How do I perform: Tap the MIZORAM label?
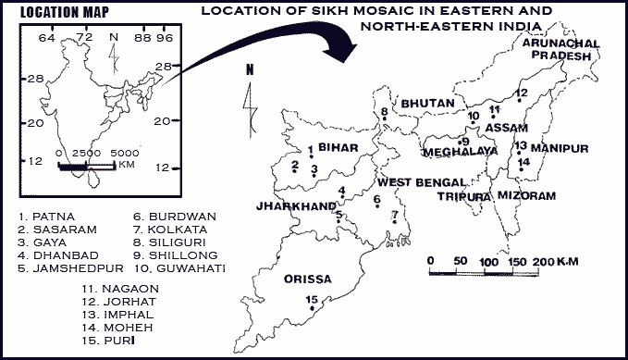[527, 196]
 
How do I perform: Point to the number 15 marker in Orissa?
[313, 299]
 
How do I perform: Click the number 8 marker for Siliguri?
[385, 113]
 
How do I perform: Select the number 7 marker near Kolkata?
[395, 217]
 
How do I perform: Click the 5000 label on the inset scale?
[124, 151]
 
